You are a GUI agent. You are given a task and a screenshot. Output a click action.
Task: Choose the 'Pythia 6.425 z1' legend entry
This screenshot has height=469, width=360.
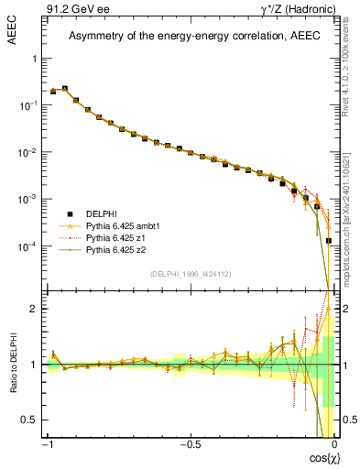(x=115, y=236)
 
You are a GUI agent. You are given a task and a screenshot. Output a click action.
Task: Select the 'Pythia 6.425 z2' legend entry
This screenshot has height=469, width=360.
(x=115, y=249)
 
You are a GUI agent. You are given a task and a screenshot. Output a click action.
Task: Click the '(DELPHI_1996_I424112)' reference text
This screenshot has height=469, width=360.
(x=191, y=274)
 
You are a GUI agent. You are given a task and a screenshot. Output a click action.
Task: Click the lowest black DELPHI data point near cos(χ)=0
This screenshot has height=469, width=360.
(x=329, y=241)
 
